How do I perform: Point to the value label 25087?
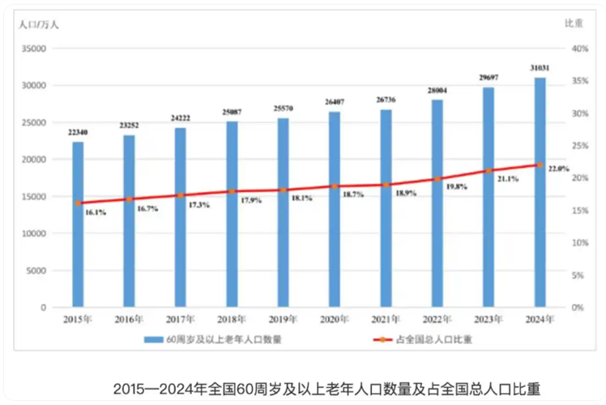232,113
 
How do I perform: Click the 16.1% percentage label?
95,212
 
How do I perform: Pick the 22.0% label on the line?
558,168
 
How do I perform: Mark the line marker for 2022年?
437,179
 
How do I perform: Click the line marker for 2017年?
181,195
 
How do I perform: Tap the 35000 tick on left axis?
32,49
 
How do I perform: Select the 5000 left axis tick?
36,271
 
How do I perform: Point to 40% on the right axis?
578,49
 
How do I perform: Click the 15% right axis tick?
578,211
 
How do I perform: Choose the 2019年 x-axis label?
283,320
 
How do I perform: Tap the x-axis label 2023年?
489,320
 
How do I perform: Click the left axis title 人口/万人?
38,23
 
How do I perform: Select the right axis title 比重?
574,23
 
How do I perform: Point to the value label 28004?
437,91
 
